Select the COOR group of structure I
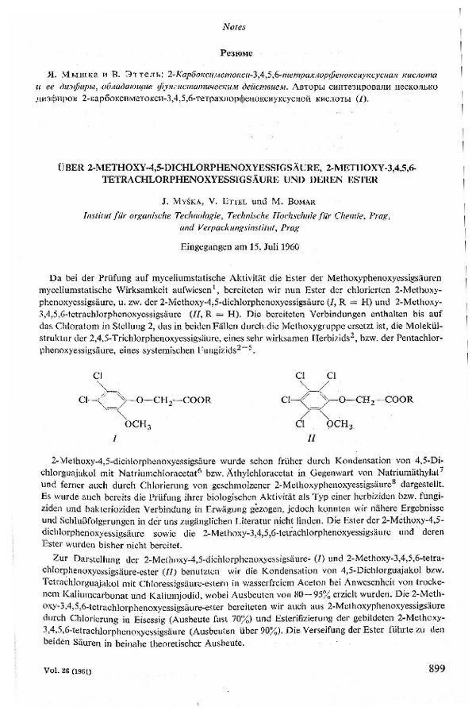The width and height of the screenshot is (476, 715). [x=196, y=400]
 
